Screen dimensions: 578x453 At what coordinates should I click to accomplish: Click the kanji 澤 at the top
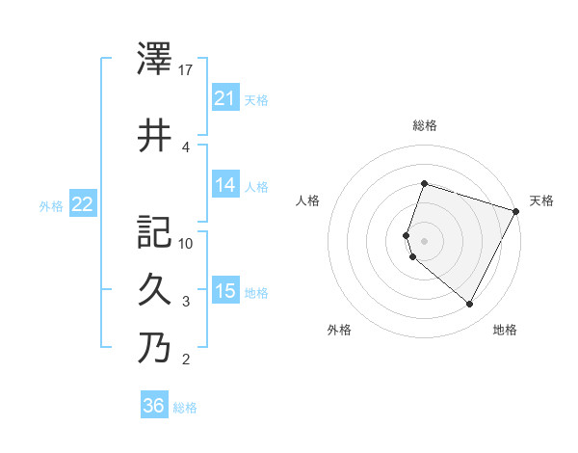click(x=155, y=60)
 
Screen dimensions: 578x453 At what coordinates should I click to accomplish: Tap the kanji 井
click(x=155, y=135)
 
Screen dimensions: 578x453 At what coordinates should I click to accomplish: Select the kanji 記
click(x=155, y=232)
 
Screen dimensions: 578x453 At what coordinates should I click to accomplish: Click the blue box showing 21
click(x=225, y=97)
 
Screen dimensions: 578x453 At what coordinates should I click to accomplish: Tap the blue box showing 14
click(x=225, y=185)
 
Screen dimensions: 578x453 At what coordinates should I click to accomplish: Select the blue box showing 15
click(x=225, y=291)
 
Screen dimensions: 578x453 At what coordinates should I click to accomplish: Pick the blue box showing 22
click(x=83, y=204)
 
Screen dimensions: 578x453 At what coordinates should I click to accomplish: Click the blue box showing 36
click(x=154, y=406)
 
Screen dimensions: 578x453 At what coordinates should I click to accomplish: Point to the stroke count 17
click(x=187, y=69)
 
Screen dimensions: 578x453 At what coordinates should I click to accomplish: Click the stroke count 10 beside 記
click(x=187, y=243)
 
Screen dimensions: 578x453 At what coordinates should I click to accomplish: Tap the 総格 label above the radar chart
click(x=425, y=125)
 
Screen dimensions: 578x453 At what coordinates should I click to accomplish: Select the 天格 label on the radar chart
click(x=541, y=200)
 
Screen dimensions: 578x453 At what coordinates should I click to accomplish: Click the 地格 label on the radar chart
click(x=505, y=331)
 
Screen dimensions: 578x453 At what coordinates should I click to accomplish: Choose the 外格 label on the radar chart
click(x=339, y=331)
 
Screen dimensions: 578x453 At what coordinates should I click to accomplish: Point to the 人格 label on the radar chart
click(x=308, y=200)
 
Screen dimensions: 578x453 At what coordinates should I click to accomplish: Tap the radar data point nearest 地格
click(x=470, y=305)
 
